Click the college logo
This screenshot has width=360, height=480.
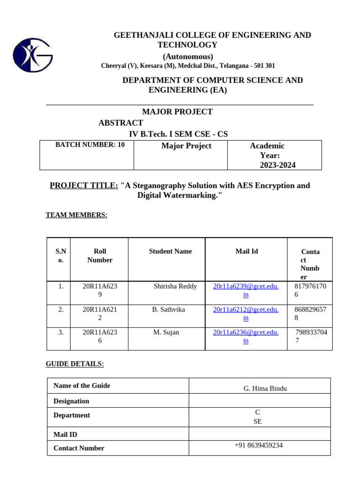click(x=33, y=55)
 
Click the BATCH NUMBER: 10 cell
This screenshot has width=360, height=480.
click(x=90, y=145)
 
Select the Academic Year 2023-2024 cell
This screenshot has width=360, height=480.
click(x=274, y=155)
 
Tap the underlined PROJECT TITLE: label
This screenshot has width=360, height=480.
click(x=84, y=186)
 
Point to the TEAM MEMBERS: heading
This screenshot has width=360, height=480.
click(x=76, y=215)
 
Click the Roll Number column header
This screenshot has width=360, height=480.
click(x=100, y=255)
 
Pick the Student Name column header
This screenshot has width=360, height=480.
click(x=170, y=251)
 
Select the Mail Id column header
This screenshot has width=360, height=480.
click(x=247, y=251)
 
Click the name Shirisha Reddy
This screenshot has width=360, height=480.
click(x=175, y=286)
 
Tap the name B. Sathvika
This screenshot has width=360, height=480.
click(x=169, y=309)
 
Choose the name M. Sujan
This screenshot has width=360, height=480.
click(x=166, y=332)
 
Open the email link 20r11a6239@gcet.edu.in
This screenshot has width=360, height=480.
click(x=246, y=291)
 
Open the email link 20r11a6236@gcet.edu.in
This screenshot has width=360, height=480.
click(x=246, y=337)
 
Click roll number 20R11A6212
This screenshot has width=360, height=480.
click(x=100, y=314)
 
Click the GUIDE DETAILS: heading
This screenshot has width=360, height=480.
click(x=75, y=364)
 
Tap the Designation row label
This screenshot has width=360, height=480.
click(x=71, y=401)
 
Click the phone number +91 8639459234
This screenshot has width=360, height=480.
click(x=259, y=445)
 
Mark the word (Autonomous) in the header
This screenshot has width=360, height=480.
click(x=187, y=57)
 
